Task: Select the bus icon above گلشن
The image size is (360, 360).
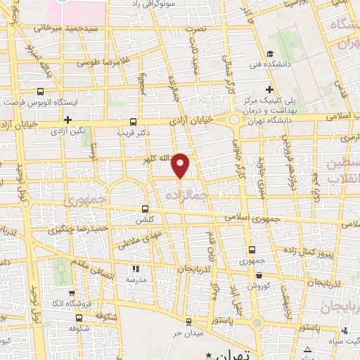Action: tap(146, 209)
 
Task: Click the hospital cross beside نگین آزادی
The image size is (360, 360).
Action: tap(67, 120)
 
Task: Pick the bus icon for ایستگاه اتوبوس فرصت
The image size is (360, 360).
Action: tap(39, 91)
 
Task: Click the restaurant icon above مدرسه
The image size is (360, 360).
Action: tap(136, 269)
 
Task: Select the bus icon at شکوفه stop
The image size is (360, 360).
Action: tap(73, 316)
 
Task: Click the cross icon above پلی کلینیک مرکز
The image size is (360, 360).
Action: tap(269, 89)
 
